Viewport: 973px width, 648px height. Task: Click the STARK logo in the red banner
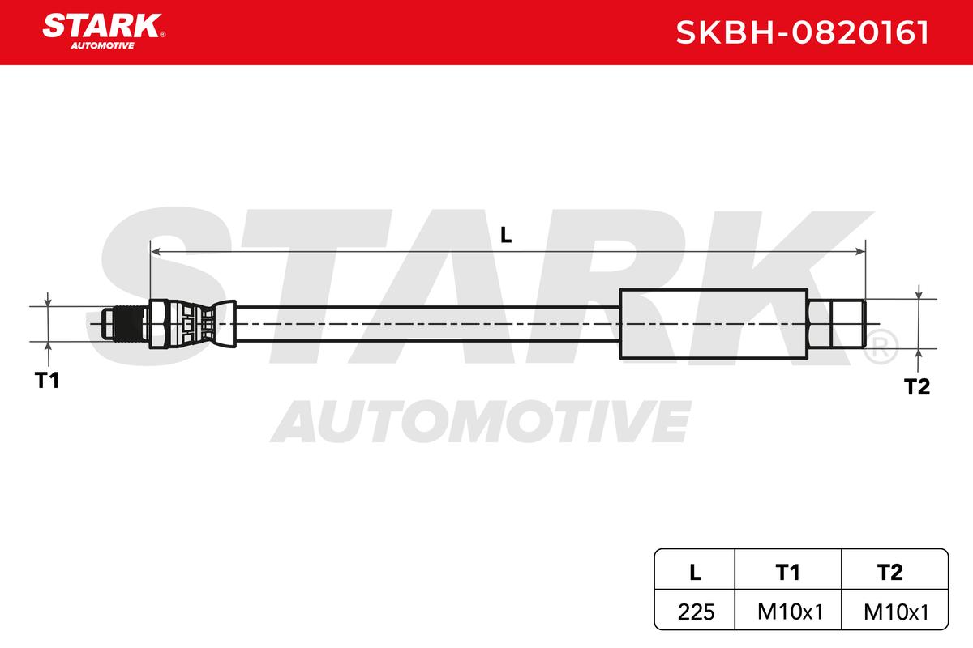[x=104, y=32]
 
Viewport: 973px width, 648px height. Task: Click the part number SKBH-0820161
[x=802, y=32]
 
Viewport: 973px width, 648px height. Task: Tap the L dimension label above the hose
[x=506, y=235]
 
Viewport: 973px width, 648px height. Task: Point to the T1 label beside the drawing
[x=47, y=381]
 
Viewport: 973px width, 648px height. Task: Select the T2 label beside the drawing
[x=917, y=386]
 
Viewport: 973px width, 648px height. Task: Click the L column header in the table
[x=695, y=572]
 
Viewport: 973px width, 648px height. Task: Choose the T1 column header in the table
[x=787, y=572]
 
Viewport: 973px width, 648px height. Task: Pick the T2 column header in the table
[x=890, y=572]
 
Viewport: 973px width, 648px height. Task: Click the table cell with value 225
[x=696, y=612]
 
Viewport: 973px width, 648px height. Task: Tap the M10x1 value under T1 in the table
[x=790, y=612]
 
